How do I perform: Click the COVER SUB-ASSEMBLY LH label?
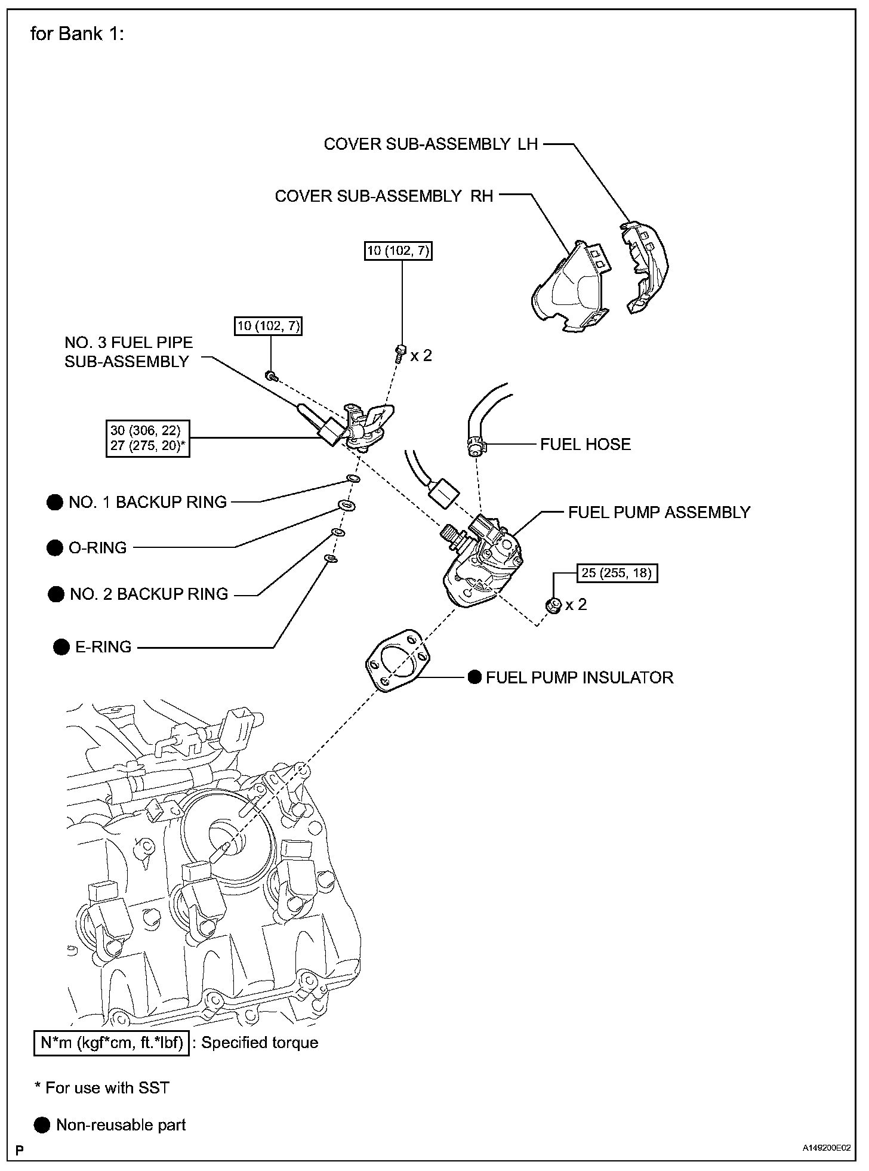pyautogui.click(x=430, y=144)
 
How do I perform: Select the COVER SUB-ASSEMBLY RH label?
pyautogui.click(x=384, y=196)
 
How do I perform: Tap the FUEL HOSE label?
pyautogui.click(x=585, y=444)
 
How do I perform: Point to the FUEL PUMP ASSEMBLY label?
pyautogui.click(x=659, y=512)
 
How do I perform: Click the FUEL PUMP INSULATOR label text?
pyautogui.click(x=579, y=677)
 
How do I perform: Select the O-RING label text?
pyautogui.click(x=97, y=548)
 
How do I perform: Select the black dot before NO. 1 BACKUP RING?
pyautogui.click(x=54, y=503)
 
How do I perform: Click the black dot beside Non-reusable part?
pyautogui.click(x=42, y=1125)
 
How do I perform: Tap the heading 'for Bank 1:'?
pyautogui.click(x=77, y=34)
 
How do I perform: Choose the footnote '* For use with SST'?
pyautogui.click(x=102, y=1088)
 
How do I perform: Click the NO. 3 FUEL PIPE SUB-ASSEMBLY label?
pyautogui.click(x=128, y=352)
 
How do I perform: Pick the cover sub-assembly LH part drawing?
pyautogui.click(x=645, y=266)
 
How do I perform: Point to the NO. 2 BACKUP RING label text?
pyautogui.click(x=149, y=594)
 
